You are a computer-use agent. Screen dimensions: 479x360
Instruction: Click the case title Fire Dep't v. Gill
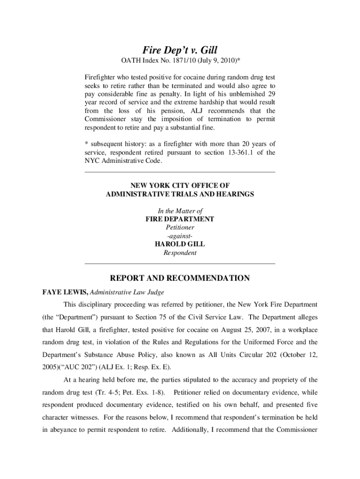180,50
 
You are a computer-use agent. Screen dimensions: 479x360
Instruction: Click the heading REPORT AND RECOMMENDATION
180,278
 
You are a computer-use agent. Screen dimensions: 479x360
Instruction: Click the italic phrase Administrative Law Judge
127,292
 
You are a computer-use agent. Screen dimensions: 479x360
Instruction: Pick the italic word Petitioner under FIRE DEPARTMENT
180,227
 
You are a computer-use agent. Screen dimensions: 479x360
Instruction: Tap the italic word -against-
180,236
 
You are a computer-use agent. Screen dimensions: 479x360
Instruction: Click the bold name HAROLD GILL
180,244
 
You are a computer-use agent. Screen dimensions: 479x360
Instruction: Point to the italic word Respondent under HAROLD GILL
180,253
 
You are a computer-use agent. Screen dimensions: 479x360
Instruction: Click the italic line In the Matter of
180,210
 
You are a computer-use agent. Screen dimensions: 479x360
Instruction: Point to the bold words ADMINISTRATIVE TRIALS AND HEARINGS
180,194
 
